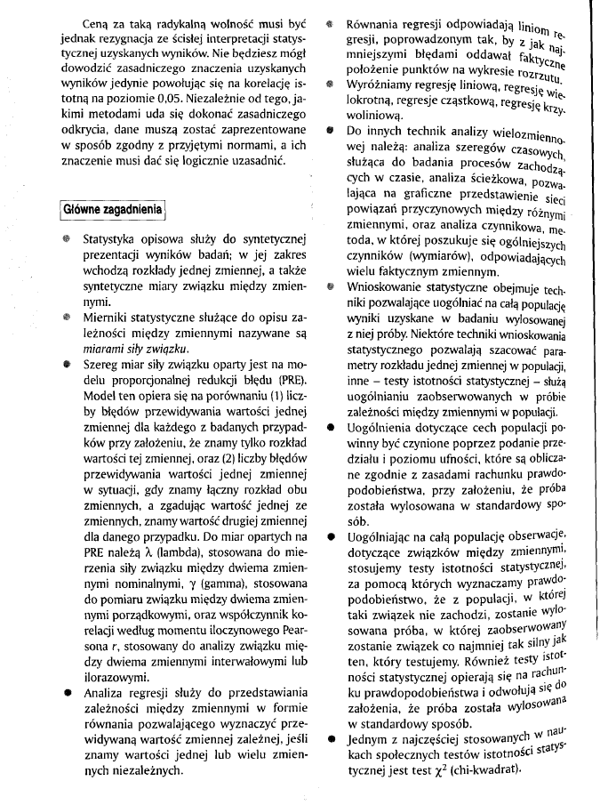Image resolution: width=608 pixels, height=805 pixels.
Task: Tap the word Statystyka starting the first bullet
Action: [111, 241]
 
